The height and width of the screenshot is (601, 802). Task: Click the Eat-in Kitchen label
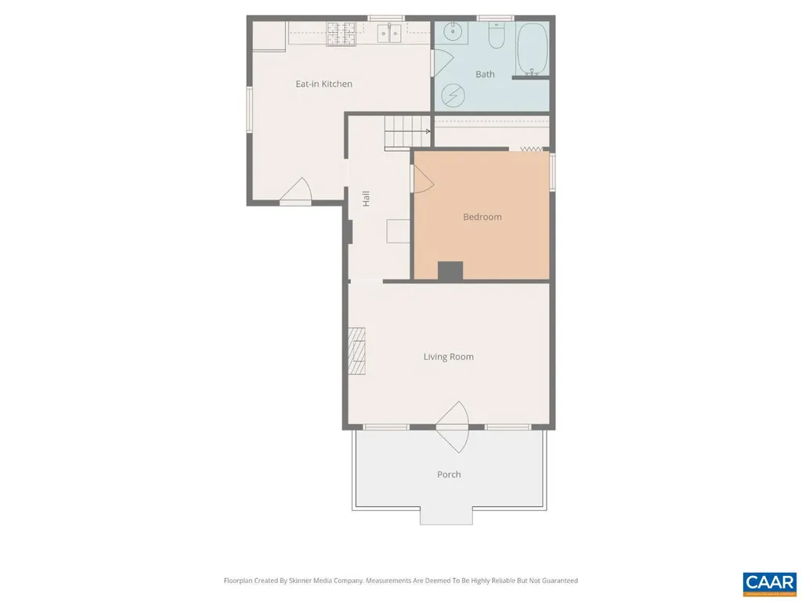pos(323,84)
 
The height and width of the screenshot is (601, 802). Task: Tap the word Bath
pos(485,74)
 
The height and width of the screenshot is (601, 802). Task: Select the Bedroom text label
pos(482,217)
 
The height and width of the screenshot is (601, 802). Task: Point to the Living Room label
pos(448,357)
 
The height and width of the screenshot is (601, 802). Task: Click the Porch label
pos(449,474)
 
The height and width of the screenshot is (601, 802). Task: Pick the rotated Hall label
pos(366,199)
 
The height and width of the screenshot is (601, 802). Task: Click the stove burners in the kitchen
pos(341,33)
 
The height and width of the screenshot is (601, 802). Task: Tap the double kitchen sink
pos(389,33)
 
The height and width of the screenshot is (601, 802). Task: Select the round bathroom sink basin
pos(453,33)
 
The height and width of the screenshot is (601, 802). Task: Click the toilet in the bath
pos(497,36)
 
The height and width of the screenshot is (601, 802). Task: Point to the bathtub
pos(533,49)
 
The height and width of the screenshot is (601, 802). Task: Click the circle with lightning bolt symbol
pos(452,95)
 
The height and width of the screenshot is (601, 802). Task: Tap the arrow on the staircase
pos(423,131)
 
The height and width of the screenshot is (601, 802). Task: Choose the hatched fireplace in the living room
pos(358,351)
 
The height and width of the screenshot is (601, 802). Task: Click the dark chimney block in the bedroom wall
pos(450,271)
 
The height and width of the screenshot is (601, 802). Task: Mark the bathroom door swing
pos(442,63)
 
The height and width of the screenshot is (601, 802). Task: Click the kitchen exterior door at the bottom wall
pos(296,190)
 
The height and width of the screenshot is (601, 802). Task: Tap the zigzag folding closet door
pos(532,149)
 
